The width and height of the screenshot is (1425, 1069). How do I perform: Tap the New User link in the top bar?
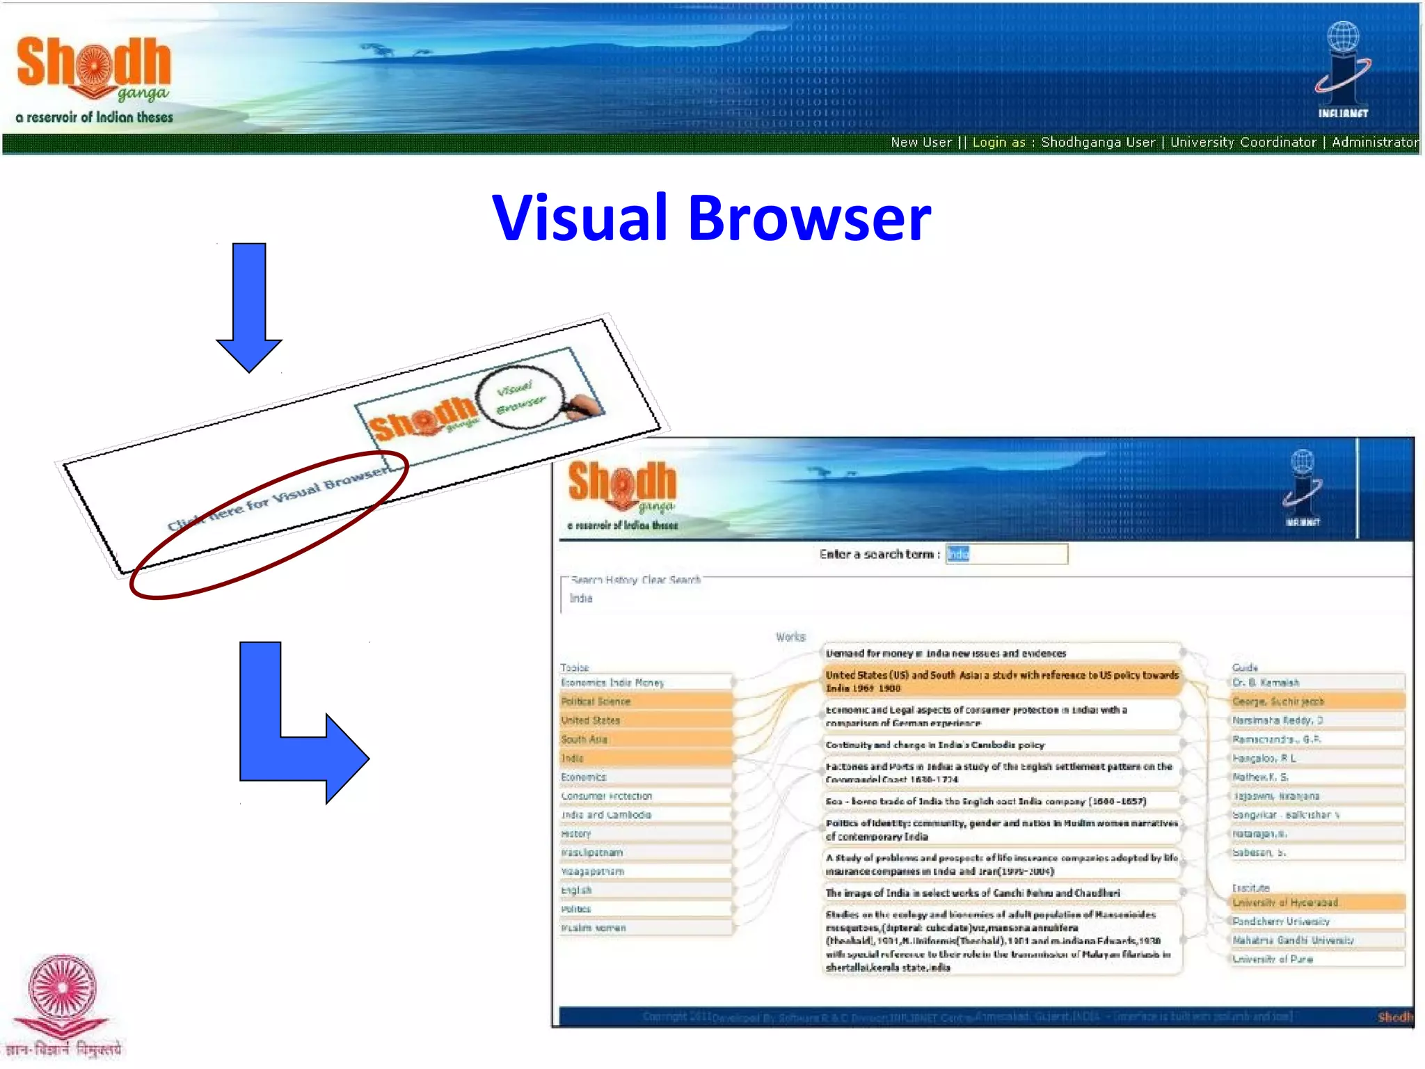(x=921, y=143)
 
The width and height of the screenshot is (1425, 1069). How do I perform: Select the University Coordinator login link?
(x=1243, y=143)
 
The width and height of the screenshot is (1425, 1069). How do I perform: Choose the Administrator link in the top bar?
(x=1375, y=143)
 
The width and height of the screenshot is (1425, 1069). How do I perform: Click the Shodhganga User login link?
(x=1097, y=143)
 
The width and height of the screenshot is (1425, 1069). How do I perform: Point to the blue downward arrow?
(x=249, y=306)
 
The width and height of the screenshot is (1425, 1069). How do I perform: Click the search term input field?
(x=1006, y=554)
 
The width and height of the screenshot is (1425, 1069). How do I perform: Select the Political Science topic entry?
(x=646, y=702)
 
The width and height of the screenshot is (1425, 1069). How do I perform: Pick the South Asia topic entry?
(x=646, y=739)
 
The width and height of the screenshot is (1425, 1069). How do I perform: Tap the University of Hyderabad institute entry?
(x=1317, y=903)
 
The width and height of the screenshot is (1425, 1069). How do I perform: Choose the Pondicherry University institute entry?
(x=1317, y=921)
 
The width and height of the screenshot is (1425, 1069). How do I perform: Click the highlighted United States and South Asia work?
(x=1002, y=681)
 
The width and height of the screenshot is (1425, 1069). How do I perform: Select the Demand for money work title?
(x=1002, y=654)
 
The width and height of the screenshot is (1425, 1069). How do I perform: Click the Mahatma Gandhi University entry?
(x=1317, y=940)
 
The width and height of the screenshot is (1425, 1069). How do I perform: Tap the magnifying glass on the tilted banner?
(x=520, y=395)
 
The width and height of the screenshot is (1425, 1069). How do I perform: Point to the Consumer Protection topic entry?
(x=646, y=796)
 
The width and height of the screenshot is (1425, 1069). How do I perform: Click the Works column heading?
(x=790, y=637)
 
